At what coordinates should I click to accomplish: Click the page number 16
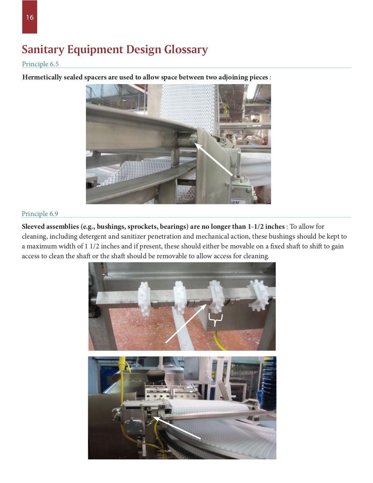[x=30, y=17]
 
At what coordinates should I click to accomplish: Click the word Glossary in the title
[x=186, y=50]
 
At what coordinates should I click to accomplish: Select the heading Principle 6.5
[x=40, y=64]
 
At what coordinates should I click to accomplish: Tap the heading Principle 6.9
[x=40, y=214]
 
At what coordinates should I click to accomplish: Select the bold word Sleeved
[x=33, y=227]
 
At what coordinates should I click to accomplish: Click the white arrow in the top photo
[x=214, y=160]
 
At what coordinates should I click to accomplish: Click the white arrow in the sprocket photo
[x=185, y=323]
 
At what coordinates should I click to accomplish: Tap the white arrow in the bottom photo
[x=177, y=428]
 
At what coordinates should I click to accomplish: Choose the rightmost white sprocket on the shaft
[x=259, y=294]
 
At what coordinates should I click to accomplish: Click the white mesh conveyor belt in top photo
[x=189, y=106]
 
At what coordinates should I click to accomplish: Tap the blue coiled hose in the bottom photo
[x=268, y=386]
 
